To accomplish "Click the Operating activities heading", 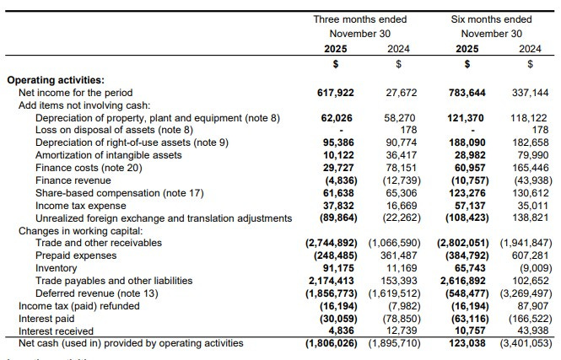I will click(56, 80).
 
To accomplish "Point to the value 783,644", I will click(467, 93).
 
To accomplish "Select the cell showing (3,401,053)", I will click(523, 343).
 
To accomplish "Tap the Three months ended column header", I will click(359, 19).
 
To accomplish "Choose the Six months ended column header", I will click(492, 19).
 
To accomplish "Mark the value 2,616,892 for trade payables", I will click(463, 280).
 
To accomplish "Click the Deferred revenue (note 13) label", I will click(92, 293).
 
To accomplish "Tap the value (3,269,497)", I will click(523, 293).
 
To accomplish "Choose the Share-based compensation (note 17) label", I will click(120, 193).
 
